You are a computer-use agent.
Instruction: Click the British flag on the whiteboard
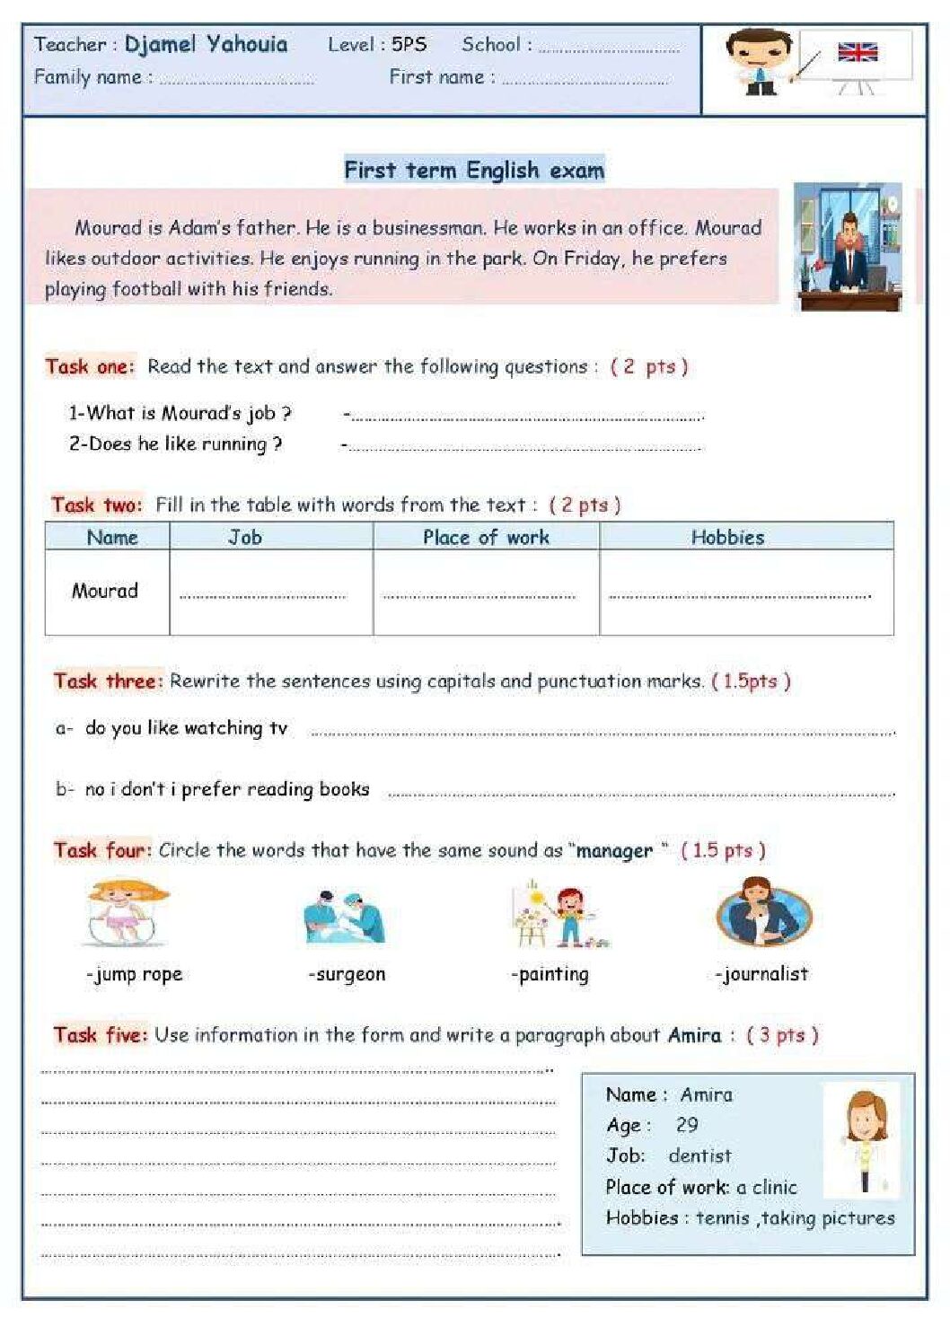(x=857, y=53)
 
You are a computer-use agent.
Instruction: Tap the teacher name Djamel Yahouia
(x=206, y=44)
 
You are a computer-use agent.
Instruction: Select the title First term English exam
(x=474, y=170)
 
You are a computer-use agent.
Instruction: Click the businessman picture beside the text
(x=848, y=247)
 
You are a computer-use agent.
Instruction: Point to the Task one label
(x=90, y=366)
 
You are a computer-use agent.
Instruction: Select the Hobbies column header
(x=727, y=537)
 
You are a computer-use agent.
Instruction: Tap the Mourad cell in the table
(x=105, y=591)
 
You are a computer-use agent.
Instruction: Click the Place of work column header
(x=486, y=537)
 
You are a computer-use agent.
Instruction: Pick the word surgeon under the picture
(x=348, y=974)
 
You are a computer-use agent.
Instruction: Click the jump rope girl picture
(x=128, y=912)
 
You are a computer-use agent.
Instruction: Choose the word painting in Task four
(x=552, y=974)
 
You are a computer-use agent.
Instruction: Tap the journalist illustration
(x=763, y=912)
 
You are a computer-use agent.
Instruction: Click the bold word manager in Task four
(x=614, y=850)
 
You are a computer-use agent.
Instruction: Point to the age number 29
(x=687, y=1125)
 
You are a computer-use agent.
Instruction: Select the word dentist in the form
(x=699, y=1155)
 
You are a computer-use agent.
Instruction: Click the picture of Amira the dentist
(x=861, y=1139)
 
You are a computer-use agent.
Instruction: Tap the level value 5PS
(x=409, y=44)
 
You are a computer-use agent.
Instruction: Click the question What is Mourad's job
(x=180, y=413)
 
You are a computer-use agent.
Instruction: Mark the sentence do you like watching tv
(x=186, y=728)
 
